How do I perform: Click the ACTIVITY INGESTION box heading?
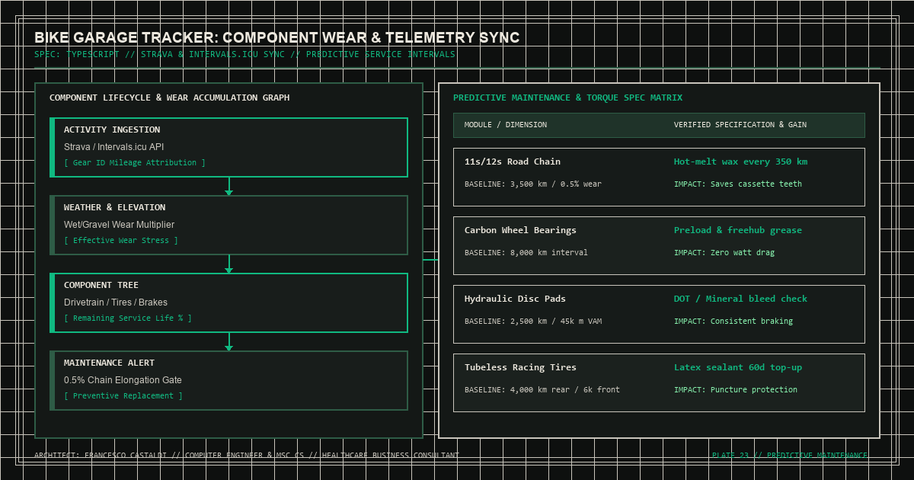[112, 130]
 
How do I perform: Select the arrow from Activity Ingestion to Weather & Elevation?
[229, 186]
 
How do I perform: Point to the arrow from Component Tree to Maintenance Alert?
[229, 341]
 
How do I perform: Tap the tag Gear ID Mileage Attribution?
[135, 162]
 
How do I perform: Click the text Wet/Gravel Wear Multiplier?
[119, 225]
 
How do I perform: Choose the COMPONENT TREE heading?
[101, 285]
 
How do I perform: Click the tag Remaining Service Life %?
[128, 318]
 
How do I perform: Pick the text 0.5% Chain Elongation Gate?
[123, 380]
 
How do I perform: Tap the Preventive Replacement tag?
[123, 396]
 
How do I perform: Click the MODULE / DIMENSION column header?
[506, 125]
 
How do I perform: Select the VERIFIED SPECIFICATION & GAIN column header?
[740, 125]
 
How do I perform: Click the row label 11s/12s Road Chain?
[513, 162]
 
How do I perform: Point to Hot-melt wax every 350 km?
[740, 162]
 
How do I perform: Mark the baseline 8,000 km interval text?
[526, 253]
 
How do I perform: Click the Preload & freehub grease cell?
[738, 230]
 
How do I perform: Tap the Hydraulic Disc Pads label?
[515, 299]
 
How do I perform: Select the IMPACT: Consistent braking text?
[733, 322]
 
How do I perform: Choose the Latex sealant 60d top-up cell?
[738, 367]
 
